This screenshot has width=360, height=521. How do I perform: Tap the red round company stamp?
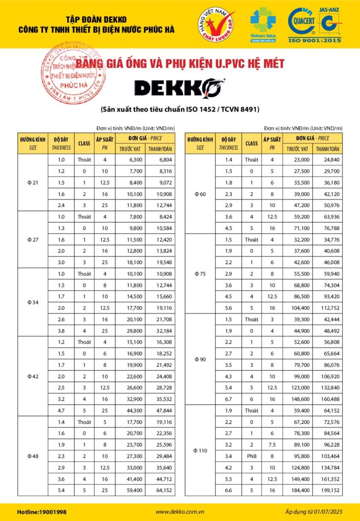[74, 73]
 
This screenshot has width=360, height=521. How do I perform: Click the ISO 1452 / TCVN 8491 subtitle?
[179, 109]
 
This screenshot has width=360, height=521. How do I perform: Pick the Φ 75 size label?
[200, 273]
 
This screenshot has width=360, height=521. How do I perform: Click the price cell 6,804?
[160, 160]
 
